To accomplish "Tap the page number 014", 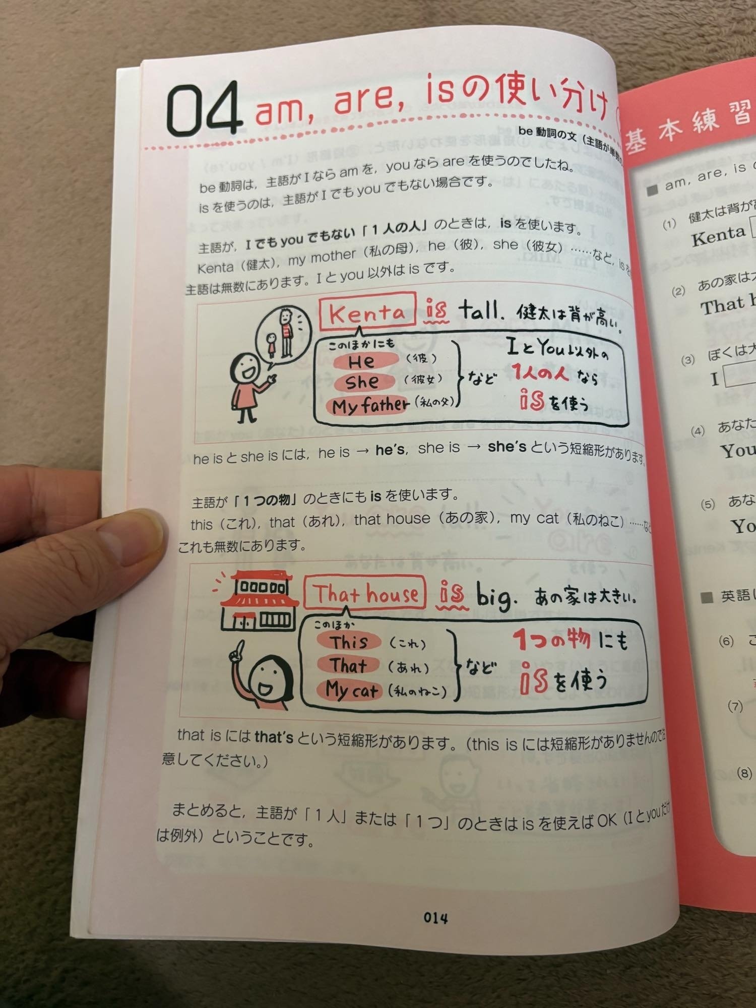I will coord(435,918).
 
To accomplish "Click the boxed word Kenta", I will coord(367,312).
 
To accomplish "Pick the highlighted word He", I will coord(361,361).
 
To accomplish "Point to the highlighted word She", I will coord(362,382).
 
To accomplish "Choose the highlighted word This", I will coord(349,642).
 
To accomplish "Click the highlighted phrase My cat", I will coord(352,689).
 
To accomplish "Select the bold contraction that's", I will coord(274,737).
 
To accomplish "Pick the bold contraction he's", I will coord(390,450).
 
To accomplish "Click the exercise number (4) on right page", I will coord(698,431).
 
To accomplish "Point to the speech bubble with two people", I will coord(281,334).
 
